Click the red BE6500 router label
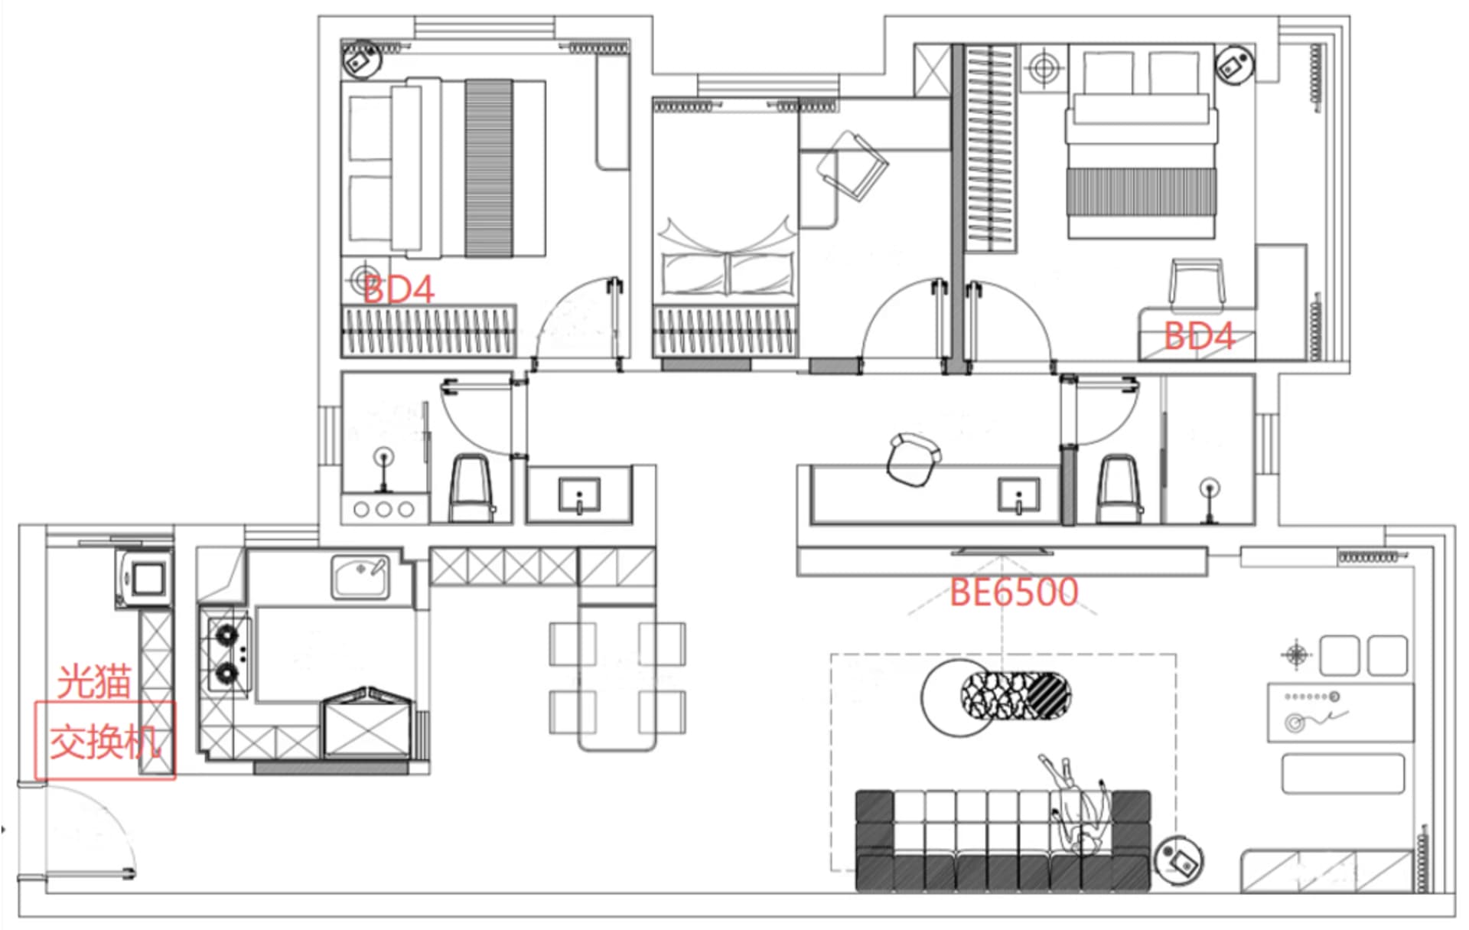(1014, 592)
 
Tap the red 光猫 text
(94, 681)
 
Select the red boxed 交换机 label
(106, 741)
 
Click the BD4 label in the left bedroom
(399, 289)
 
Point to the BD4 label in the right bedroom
(1199, 336)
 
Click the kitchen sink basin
(360, 576)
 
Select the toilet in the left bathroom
(470, 488)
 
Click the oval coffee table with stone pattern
(1015, 695)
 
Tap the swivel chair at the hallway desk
(913, 458)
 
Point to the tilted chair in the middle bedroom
(852, 165)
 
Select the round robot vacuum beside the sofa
(1178, 859)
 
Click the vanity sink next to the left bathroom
(579, 495)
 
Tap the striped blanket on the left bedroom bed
(489, 168)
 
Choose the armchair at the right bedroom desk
(1196, 286)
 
